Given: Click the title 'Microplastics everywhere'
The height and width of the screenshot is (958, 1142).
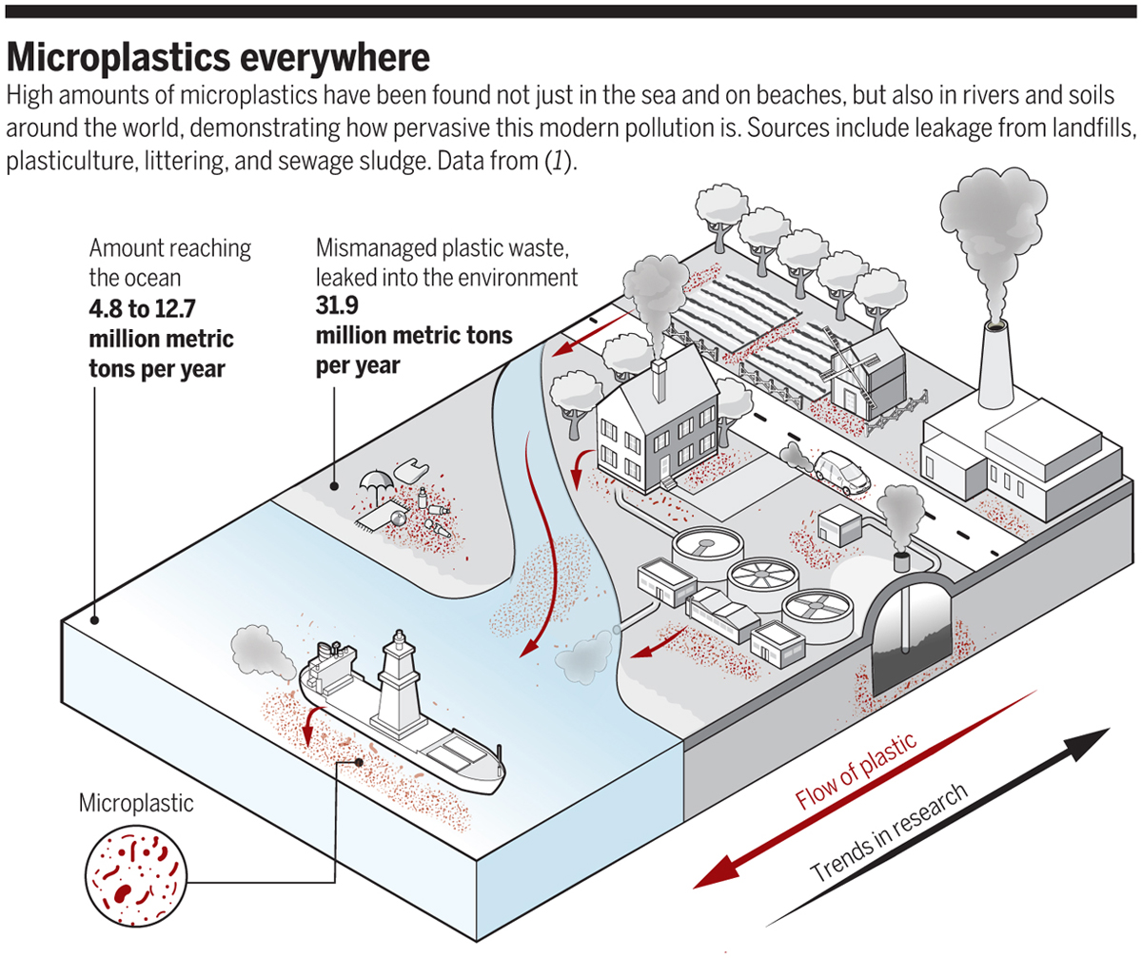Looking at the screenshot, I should [219, 58].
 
